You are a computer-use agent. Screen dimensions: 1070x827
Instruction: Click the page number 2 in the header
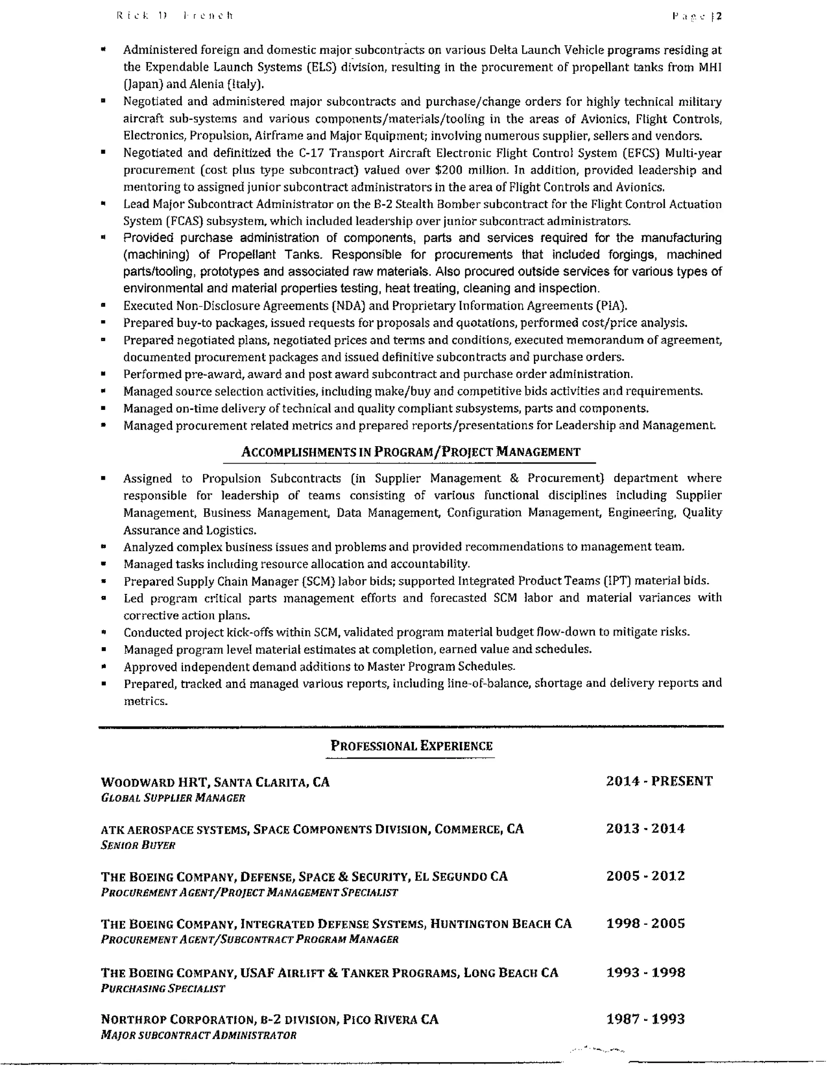point(719,17)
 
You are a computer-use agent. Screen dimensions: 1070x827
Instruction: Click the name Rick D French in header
point(175,16)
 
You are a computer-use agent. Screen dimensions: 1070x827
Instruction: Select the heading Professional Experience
point(411,746)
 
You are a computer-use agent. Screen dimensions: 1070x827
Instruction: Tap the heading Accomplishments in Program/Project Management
point(411,451)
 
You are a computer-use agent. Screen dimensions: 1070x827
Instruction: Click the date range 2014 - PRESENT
point(659,781)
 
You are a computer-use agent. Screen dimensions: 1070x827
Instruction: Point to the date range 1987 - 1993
point(645,1019)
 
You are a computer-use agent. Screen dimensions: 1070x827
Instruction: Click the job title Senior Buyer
point(138,845)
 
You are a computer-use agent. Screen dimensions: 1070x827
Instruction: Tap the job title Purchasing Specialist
point(163,989)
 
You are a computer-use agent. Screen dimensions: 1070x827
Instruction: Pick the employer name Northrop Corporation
point(177,1020)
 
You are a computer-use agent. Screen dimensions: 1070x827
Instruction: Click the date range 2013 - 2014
point(645,829)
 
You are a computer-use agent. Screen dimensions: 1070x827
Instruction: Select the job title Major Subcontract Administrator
point(198,1035)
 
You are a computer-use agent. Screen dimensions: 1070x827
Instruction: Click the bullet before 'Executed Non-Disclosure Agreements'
point(103,306)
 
